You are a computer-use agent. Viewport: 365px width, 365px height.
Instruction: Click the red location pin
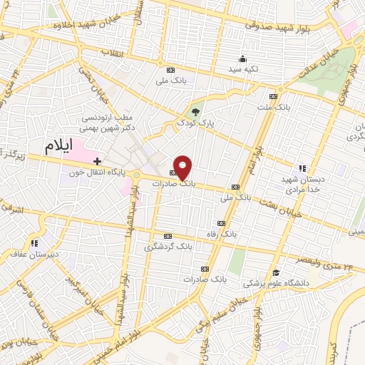pos(183,166)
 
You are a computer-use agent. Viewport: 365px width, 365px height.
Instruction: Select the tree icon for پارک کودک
pos(196,111)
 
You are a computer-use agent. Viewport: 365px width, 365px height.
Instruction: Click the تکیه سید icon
pos(242,58)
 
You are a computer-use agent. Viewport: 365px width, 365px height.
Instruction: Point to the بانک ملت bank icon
pos(273,97)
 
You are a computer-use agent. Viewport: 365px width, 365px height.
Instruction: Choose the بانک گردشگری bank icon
pos(168,236)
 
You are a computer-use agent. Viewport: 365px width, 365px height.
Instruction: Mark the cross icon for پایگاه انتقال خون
pos(97,162)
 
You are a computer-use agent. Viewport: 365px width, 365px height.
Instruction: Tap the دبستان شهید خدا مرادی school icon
pos(302,169)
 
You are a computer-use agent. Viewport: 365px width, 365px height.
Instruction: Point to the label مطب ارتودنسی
pos(111,117)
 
